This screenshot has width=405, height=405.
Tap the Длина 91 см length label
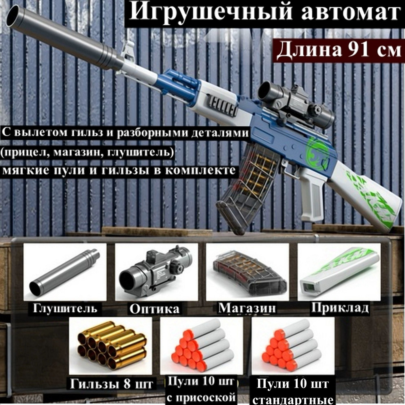click(339, 51)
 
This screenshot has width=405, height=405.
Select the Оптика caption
click(154, 309)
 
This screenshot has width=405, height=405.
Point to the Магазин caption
click(247, 308)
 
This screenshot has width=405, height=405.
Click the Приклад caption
click(340, 308)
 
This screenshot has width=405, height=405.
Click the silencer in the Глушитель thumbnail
click(64, 271)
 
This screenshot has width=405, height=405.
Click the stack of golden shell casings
click(111, 344)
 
